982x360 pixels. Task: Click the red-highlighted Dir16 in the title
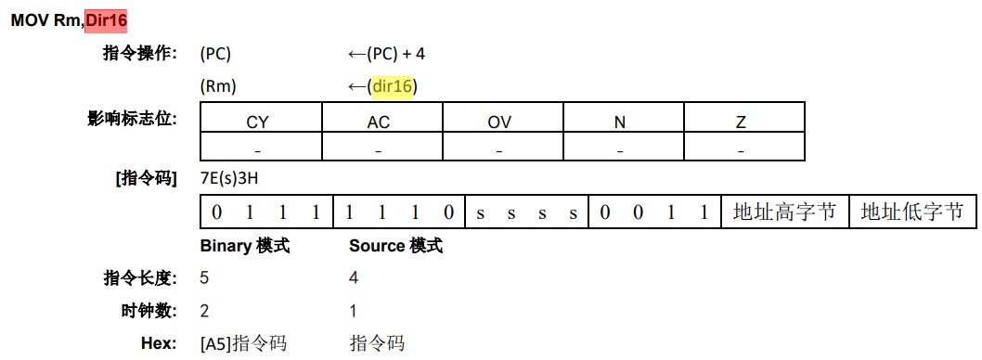[x=106, y=19]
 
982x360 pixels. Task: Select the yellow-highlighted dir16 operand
[x=392, y=87]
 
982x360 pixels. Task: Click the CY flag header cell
[x=257, y=122]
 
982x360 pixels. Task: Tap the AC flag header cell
[x=379, y=122]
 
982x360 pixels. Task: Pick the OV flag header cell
[x=499, y=122]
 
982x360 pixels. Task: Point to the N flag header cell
[x=620, y=122]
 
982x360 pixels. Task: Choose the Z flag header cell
[x=741, y=122]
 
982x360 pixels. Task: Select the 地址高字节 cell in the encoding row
[x=784, y=212]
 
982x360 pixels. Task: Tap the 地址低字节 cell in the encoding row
[x=912, y=212]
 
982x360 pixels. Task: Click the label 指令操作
[x=139, y=53]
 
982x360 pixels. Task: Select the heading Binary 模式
[x=245, y=246]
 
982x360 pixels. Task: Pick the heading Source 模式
[x=395, y=246]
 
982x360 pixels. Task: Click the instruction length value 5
[x=205, y=278]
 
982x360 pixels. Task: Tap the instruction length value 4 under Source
[x=354, y=278]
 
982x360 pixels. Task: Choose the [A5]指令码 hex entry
[x=243, y=344]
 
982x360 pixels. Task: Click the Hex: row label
[x=159, y=344]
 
